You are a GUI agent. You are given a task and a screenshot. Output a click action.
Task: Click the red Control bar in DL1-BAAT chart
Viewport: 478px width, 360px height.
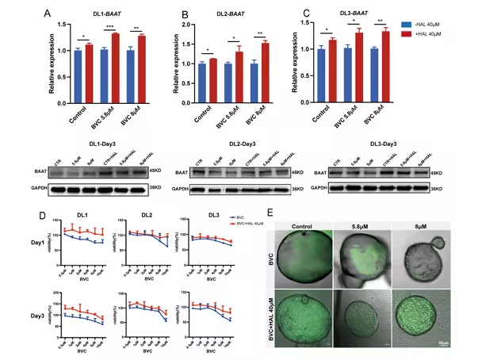click(x=88, y=70)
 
